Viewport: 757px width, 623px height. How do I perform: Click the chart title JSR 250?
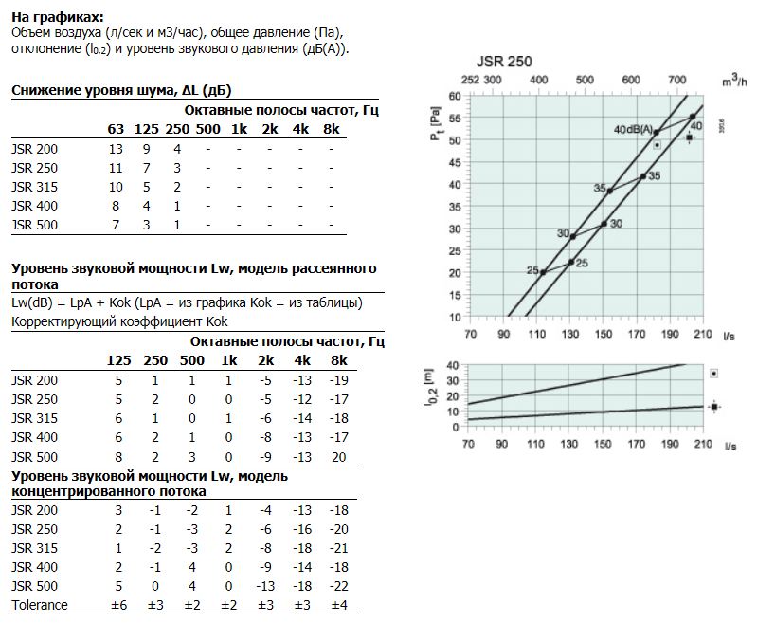point(504,62)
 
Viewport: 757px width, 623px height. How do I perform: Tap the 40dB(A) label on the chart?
point(633,130)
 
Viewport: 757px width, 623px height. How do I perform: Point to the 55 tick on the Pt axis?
point(455,118)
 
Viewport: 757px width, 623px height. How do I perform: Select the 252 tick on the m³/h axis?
point(470,80)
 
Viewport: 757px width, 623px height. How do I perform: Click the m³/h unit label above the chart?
point(734,80)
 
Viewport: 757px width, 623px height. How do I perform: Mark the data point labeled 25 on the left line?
point(543,272)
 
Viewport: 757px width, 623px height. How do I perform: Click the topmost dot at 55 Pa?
point(693,117)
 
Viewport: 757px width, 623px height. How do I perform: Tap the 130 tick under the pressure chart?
point(569,334)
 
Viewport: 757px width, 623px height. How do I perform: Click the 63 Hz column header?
point(116,129)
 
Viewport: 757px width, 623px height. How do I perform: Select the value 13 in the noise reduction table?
point(116,149)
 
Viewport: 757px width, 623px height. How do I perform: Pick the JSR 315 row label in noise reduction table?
point(34,187)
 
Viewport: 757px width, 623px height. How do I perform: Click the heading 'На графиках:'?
point(58,17)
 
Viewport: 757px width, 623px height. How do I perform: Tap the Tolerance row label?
point(40,605)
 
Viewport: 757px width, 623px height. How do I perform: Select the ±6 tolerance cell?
point(118,605)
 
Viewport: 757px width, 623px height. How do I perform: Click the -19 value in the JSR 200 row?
point(338,381)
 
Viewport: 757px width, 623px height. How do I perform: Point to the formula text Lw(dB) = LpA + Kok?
point(71,303)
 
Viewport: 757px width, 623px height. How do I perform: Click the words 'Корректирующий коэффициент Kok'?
point(119,321)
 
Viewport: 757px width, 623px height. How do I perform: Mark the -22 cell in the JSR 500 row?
point(338,586)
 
